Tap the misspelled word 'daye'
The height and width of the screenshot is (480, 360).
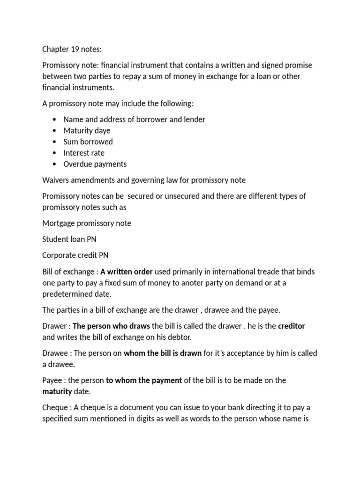coord(102,130)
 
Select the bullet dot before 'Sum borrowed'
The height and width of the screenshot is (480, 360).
coord(55,142)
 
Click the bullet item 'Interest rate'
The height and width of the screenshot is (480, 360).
coord(84,153)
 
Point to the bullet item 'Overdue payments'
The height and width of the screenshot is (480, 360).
coord(95,164)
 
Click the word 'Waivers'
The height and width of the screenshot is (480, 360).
coord(56,180)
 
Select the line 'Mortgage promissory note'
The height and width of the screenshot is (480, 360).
coord(86,223)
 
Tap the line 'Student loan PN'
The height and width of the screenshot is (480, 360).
coord(69,239)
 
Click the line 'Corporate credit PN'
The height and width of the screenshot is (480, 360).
coord(76,255)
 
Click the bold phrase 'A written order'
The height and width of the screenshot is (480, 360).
coord(127,272)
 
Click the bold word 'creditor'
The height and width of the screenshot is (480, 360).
coord(291,326)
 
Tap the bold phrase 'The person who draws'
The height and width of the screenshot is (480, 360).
coord(111,326)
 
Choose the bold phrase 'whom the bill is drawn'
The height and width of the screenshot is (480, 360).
coord(162,353)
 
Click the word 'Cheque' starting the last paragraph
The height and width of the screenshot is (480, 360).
coord(55,408)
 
